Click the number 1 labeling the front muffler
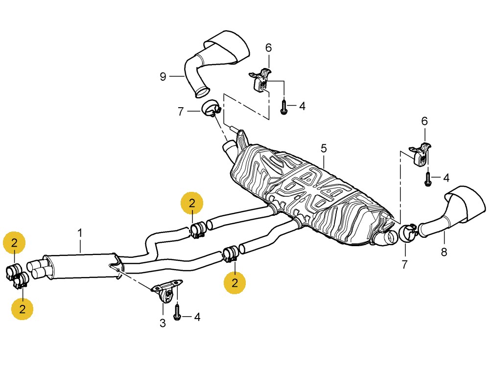pyautogui.click(x=80, y=233)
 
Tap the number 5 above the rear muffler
pyautogui.click(x=324, y=147)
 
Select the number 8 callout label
pyautogui.click(x=444, y=252)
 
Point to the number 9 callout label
pyautogui.click(x=163, y=76)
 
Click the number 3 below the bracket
pyautogui.click(x=163, y=323)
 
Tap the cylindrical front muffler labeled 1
pyautogui.click(x=81, y=265)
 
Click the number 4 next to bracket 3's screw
pyautogui.click(x=197, y=317)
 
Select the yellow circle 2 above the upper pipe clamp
pyautogui.click(x=192, y=204)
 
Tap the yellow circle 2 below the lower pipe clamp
pyautogui.click(x=235, y=282)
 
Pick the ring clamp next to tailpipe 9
pyautogui.click(x=211, y=109)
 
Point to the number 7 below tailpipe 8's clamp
pyautogui.click(x=404, y=265)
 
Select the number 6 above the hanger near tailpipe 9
pyautogui.click(x=268, y=48)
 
